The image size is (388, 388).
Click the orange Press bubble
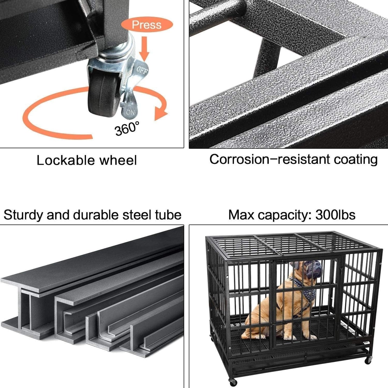(x=147, y=25)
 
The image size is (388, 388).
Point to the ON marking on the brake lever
(x=130, y=112)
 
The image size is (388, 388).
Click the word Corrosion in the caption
(x=239, y=159)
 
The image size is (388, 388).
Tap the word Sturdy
(x=23, y=215)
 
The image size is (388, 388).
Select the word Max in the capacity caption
(x=241, y=215)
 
